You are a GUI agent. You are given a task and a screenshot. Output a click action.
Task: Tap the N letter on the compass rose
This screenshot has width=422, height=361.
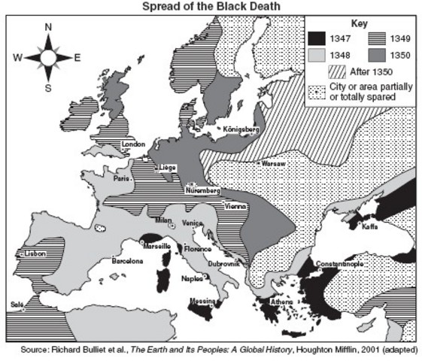click(49, 27)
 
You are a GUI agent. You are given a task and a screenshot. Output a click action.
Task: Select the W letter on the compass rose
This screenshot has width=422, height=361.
click(17, 57)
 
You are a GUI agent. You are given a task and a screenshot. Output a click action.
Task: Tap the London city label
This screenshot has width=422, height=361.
click(132, 144)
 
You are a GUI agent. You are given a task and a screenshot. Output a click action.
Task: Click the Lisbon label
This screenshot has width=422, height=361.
click(35, 254)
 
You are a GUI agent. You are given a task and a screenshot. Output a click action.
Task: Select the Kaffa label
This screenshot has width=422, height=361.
click(369, 226)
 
